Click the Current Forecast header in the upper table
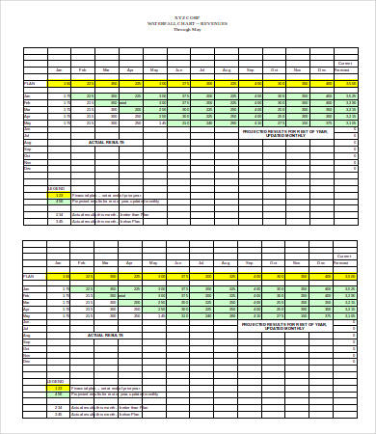343,68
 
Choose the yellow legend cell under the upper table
58,195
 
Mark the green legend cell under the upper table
58,201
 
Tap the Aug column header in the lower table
228,262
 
